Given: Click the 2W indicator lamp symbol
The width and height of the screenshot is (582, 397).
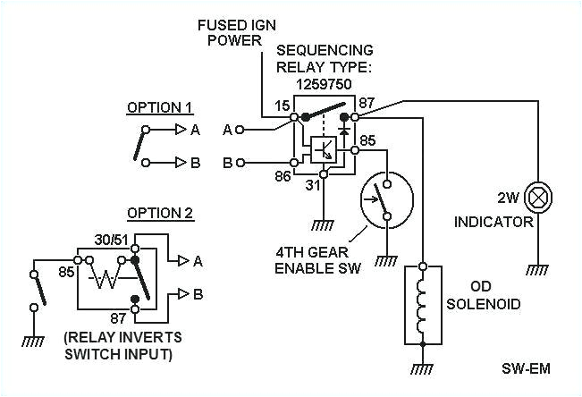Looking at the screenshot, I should tap(537, 195).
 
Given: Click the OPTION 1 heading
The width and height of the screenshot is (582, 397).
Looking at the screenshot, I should tap(158, 108).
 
